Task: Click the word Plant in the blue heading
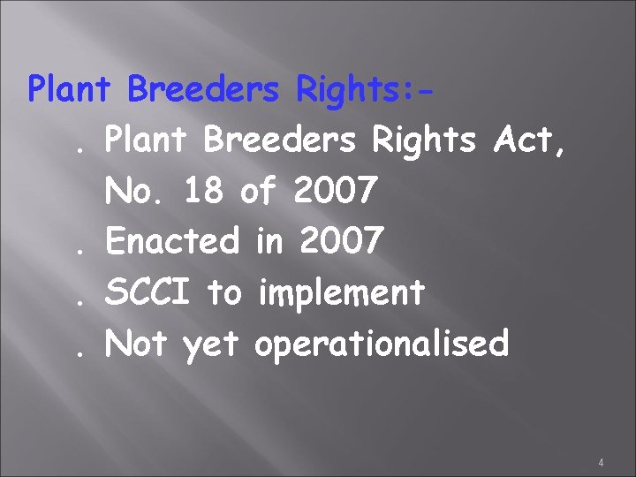[x=72, y=88]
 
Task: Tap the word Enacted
[x=173, y=240]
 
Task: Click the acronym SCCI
[x=149, y=291]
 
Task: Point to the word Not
[x=137, y=343]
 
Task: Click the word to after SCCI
[x=224, y=291]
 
